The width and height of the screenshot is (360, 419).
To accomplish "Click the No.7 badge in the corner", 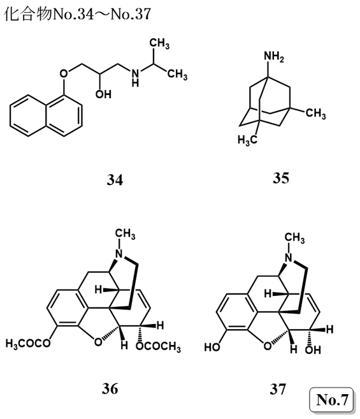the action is pyautogui.click(x=331, y=400).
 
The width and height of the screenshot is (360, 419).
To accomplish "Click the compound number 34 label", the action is pyautogui.click(x=115, y=180).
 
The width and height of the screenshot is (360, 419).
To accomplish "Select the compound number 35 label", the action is pyautogui.click(x=281, y=178).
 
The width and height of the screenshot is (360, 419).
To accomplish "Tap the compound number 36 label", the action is pyautogui.click(x=110, y=389).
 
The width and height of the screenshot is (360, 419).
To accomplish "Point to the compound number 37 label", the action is pyautogui.click(x=278, y=389).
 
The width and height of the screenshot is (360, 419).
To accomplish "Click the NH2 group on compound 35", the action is pyautogui.click(x=274, y=57).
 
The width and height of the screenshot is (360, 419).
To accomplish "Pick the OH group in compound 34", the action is pyautogui.click(x=103, y=94).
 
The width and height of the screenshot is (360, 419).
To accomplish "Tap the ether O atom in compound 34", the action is pyautogui.click(x=64, y=73).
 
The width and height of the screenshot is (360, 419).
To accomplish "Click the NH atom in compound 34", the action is pyautogui.click(x=136, y=78).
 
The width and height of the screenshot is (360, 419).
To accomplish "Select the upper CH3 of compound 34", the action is pyautogui.click(x=159, y=43).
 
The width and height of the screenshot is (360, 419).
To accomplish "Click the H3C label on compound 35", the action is pyautogui.click(x=248, y=140).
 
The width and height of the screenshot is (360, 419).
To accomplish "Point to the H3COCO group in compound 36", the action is pyautogui.click(x=28, y=343).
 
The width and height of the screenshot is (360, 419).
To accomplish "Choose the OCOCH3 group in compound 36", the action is pyautogui.click(x=158, y=346).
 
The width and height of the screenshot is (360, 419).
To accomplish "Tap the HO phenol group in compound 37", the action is pyautogui.click(x=212, y=348).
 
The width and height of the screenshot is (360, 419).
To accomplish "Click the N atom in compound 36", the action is pyautogui.click(x=119, y=254).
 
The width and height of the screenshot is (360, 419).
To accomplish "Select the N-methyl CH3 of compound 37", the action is pyautogui.click(x=294, y=238).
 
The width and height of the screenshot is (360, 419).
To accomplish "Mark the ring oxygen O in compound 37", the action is pyautogui.click(x=268, y=346).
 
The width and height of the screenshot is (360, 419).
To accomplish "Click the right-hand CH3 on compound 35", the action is pyautogui.click(x=315, y=113).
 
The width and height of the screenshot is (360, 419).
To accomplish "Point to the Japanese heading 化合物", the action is pyautogui.click(x=28, y=13).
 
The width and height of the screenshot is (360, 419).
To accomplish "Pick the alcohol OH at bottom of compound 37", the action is pyautogui.click(x=313, y=349).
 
